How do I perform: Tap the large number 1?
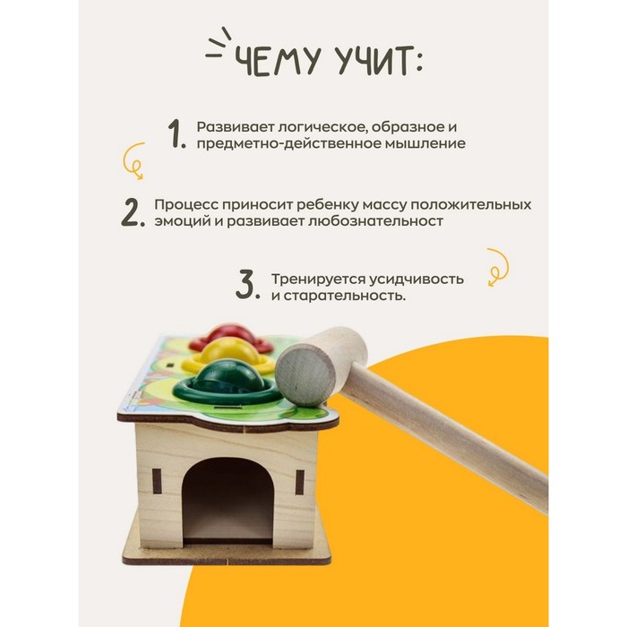coord(176,134)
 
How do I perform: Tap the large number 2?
coord(132,213)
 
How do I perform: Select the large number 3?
coord(247,287)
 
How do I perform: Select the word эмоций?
coord(175,221)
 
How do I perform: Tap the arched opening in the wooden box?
coord(229,498)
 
